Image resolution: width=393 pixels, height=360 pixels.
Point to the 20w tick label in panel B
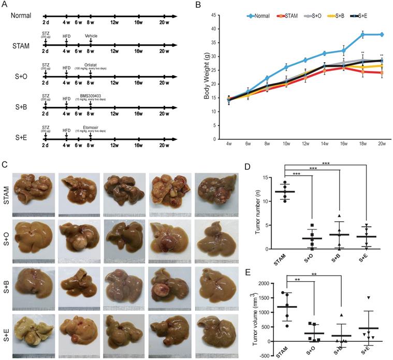(382, 145)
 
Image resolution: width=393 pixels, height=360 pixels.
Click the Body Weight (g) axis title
(206, 77)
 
